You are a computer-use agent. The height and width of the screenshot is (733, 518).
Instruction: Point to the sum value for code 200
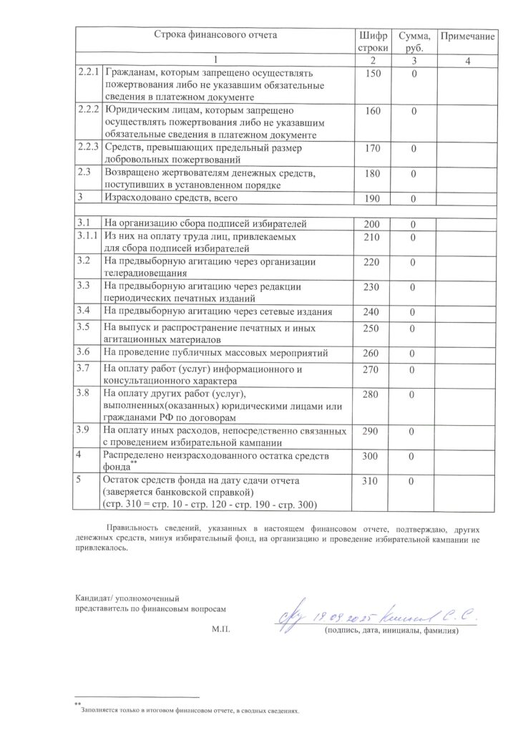click(x=414, y=224)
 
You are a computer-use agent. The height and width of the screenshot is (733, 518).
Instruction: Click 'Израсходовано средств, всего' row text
click(x=170, y=197)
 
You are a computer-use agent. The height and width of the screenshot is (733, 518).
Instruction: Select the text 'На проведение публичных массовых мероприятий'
click(x=215, y=352)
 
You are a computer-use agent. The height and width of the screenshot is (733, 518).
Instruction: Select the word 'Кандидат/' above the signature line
click(x=96, y=596)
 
